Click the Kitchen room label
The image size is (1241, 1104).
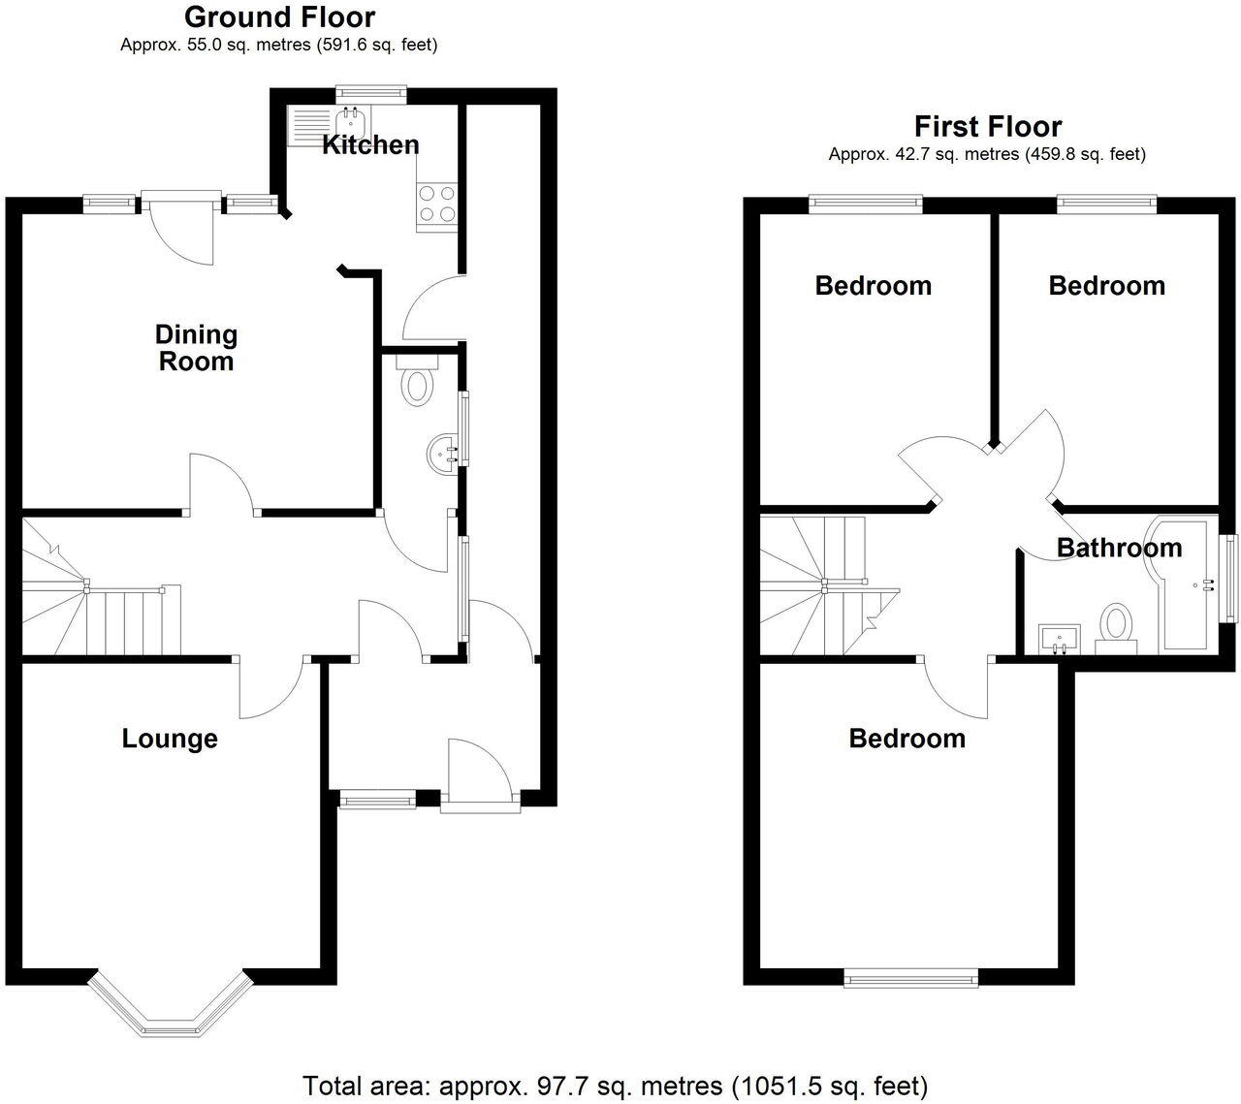(370, 145)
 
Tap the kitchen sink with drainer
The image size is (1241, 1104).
(326, 122)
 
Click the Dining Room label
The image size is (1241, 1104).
(196, 348)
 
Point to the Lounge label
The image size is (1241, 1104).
(170, 739)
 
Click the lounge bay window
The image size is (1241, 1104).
(171, 1008)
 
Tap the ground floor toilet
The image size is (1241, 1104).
(418, 381)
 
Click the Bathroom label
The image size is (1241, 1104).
(1119, 548)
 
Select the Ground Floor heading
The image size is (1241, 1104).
(279, 16)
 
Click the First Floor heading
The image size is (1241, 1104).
(987, 126)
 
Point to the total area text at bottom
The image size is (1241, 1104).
(616, 1085)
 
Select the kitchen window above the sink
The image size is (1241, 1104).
(371, 93)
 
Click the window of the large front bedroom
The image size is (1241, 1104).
(911, 979)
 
